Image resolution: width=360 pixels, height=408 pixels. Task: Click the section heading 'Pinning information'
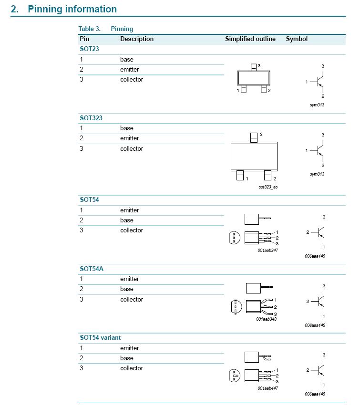click(72, 9)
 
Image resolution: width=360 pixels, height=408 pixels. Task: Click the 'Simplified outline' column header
click(250, 39)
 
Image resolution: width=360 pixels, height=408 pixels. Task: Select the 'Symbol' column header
click(297, 39)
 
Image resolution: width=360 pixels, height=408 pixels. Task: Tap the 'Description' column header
click(137, 39)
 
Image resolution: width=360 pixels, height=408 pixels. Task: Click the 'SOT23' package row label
click(90, 49)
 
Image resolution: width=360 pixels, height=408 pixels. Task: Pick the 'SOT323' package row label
click(91, 118)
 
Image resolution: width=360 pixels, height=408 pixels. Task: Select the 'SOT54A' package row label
click(92, 269)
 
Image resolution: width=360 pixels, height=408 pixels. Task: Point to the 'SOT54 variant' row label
click(100, 337)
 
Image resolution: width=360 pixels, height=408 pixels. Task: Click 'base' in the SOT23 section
click(127, 60)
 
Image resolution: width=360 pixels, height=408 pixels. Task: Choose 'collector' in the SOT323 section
click(132, 149)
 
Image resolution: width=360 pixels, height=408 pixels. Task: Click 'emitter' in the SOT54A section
click(130, 279)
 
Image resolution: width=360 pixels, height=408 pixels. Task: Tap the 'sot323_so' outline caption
click(268, 187)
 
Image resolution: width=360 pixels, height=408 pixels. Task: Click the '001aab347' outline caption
click(267, 250)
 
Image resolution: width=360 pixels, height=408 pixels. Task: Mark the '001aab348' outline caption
click(266, 319)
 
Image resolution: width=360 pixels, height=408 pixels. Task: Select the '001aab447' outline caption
click(267, 388)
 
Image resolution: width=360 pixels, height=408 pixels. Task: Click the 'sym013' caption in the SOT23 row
click(317, 105)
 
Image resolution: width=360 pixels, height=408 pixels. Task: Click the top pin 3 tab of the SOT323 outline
click(254, 137)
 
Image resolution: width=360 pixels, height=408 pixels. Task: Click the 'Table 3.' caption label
click(89, 29)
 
